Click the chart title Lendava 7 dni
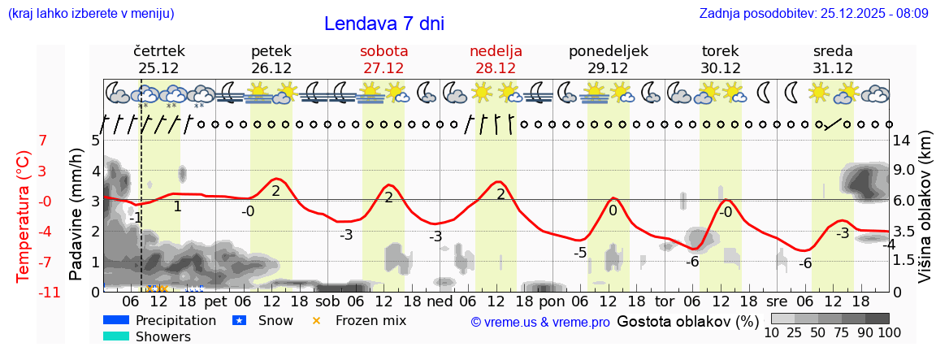pyautogui.click(x=383, y=24)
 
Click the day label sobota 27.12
pyautogui.click(x=383, y=59)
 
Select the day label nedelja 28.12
pyautogui.click(x=496, y=59)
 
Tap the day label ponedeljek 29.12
pyautogui.click(x=608, y=59)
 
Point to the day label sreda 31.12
pyautogui.click(x=833, y=59)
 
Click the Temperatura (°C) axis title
pyautogui.click(x=24, y=217)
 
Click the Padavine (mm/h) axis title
pyautogui.click(x=76, y=215)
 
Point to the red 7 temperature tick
pyautogui.click(x=43, y=141)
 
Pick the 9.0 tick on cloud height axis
pyautogui.click(x=905, y=171)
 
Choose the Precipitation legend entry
pyautogui.click(x=175, y=320)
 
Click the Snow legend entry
pyautogui.click(x=275, y=320)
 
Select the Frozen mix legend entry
pyautogui.click(x=370, y=320)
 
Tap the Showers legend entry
pyautogui.click(x=162, y=336)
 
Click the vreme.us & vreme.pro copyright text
pyautogui.click(x=540, y=322)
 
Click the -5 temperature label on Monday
pyautogui.click(x=580, y=252)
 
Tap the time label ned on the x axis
pyautogui.click(x=440, y=301)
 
